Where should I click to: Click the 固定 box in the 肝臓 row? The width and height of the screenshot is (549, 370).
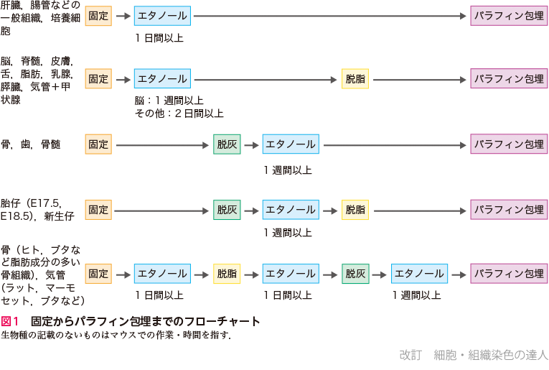click(98, 15)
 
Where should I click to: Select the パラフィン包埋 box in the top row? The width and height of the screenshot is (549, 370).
click(509, 15)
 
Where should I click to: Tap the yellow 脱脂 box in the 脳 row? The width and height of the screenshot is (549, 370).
click(355, 78)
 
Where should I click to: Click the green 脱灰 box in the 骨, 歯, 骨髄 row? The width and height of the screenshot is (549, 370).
click(227, 144)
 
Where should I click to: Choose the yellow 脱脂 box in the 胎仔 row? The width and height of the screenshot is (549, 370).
click(355, 210)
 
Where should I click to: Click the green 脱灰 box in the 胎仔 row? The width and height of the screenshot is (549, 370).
click(227, 210)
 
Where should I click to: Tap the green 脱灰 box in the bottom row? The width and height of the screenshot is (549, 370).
click(355, 274)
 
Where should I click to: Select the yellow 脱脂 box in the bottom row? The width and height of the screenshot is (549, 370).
click(227, 274)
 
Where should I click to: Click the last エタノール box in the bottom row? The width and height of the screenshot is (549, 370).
click(419, 274)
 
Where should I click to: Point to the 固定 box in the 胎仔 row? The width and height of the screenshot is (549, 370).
click(98, 210)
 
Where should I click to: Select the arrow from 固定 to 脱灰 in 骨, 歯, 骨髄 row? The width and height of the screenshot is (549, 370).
click(162, 144)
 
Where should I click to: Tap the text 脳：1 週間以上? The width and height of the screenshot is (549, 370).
click(169, 101)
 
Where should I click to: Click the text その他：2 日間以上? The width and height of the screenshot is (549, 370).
click(179, 114)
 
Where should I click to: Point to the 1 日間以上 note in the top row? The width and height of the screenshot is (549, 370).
click(159, 37)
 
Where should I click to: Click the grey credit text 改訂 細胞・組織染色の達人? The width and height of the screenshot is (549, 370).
click(474, 354)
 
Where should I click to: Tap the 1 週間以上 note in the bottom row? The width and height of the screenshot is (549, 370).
click(416, 295)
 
